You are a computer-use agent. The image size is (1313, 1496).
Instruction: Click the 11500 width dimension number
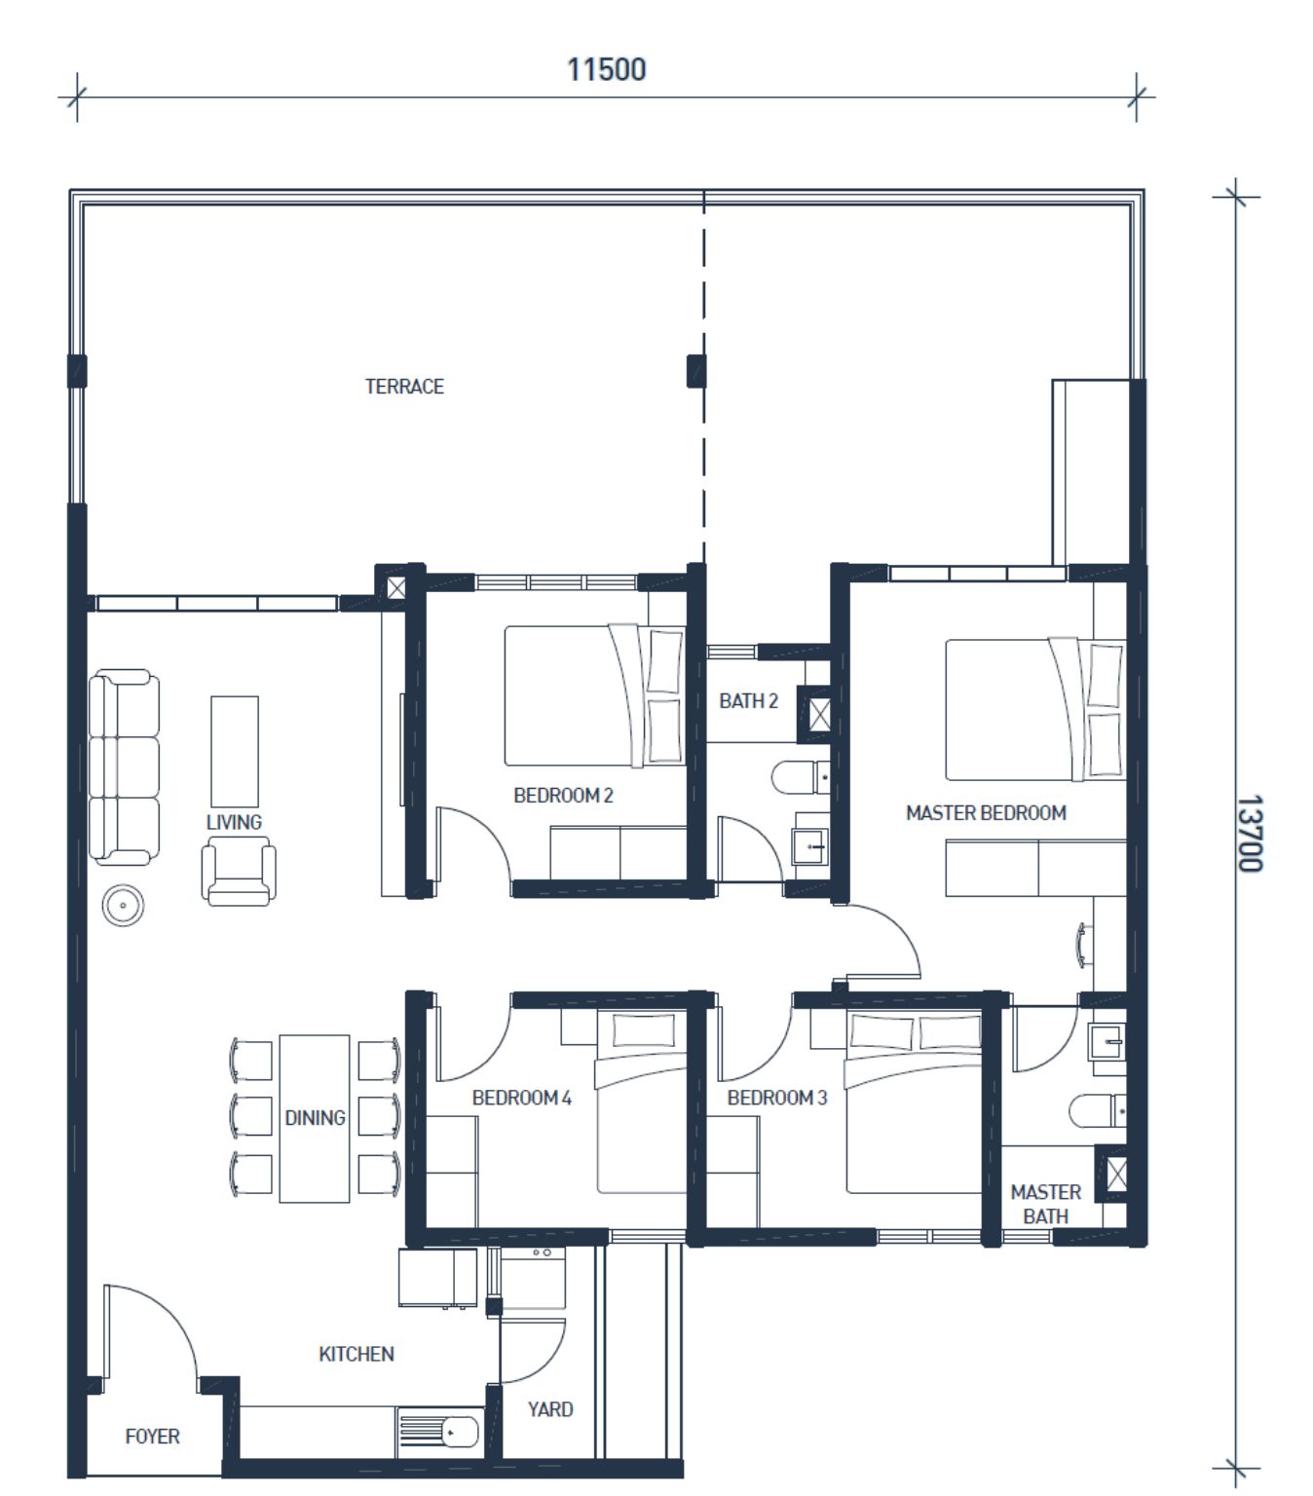[x=606, y=69]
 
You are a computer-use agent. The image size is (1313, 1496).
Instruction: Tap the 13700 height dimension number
[x=1250, y=834]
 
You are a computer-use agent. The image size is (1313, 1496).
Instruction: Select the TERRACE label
[x=404, y=387]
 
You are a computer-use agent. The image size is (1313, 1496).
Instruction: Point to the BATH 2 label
[x=748, y=700]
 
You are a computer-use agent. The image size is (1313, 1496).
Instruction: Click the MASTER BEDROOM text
[x=986, y=813]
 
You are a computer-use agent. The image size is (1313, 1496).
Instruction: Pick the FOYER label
[x=152, y=1437]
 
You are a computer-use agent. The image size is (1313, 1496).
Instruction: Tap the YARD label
[x=550, y=1409]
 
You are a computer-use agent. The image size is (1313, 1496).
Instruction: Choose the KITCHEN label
[x=356, y=1354]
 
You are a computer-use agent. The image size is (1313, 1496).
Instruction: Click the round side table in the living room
[x=123, y=905]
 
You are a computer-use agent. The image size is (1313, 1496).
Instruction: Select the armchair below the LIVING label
[x=239, y=872]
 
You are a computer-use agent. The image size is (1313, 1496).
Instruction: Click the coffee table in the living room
[x=235, y=751]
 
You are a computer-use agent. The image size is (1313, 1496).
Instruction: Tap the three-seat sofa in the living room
[x=124, y=767]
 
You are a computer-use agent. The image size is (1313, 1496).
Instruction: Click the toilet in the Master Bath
[x=1098, y=1111]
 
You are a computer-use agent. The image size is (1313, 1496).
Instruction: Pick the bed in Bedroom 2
[x=594, y=695]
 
